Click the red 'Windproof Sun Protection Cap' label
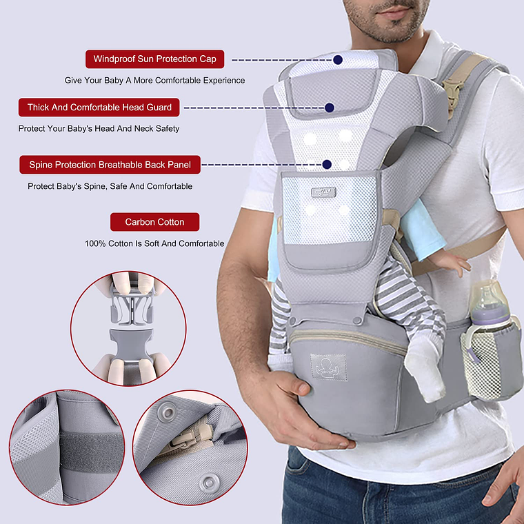click(154, 59)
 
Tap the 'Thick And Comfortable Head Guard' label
click(99, 108)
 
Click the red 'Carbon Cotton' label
click(154, 222)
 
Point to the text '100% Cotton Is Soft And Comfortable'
click(154, 243)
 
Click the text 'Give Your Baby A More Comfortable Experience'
click(154, 81)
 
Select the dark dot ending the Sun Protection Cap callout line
click(338, 60)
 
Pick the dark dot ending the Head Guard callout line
click(330, 108)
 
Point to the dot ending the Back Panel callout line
click(327, 165)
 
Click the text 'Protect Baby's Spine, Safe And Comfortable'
click(110, 186)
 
